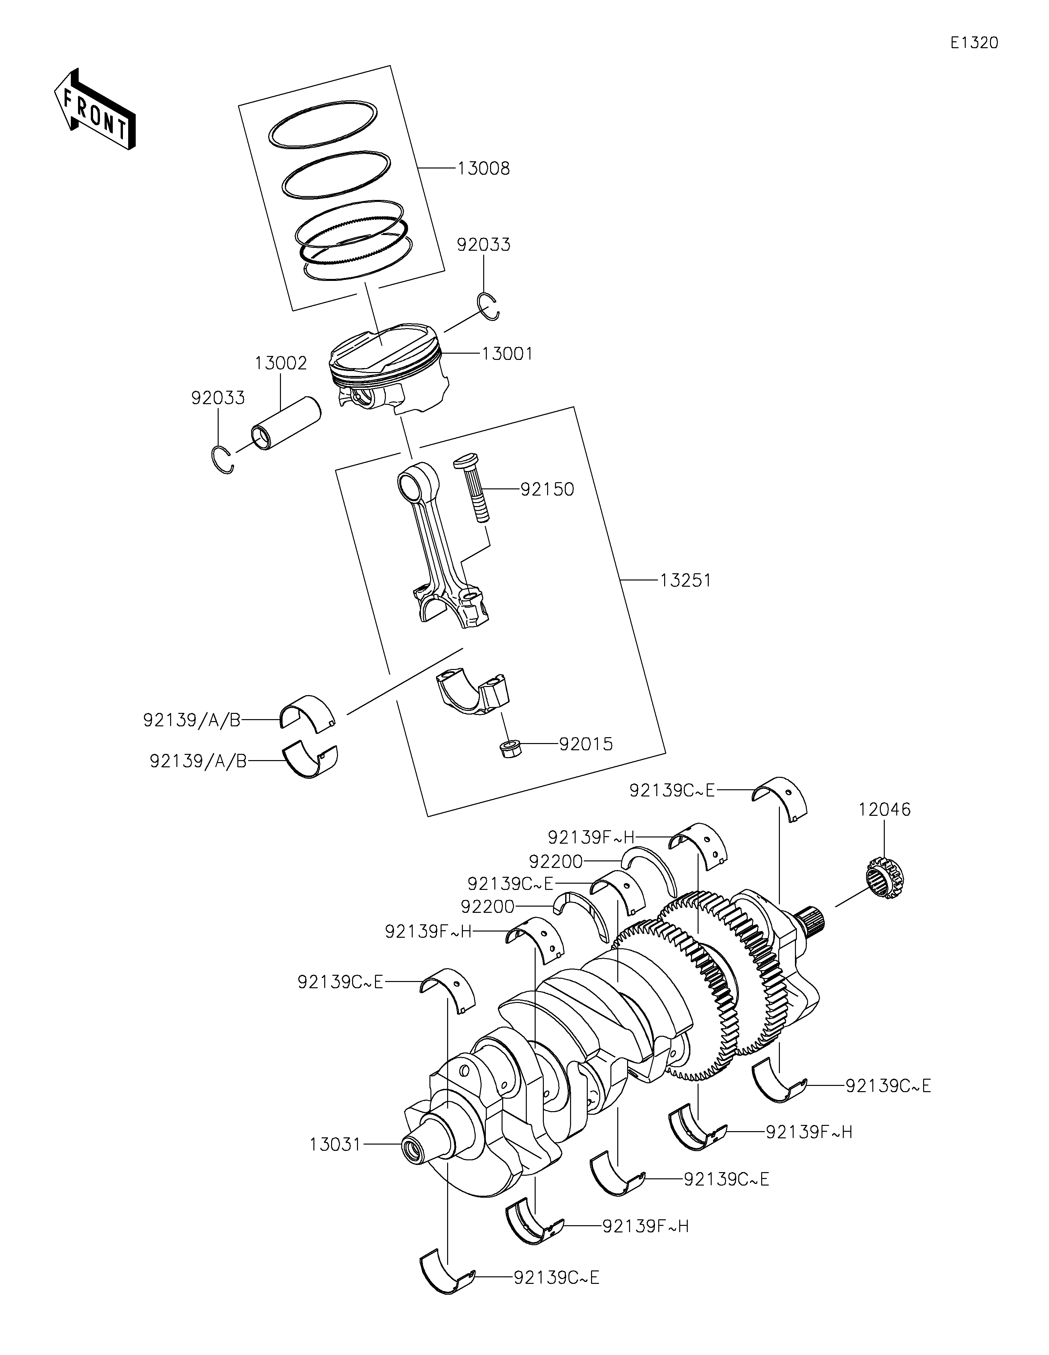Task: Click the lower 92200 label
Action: (487, 907)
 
